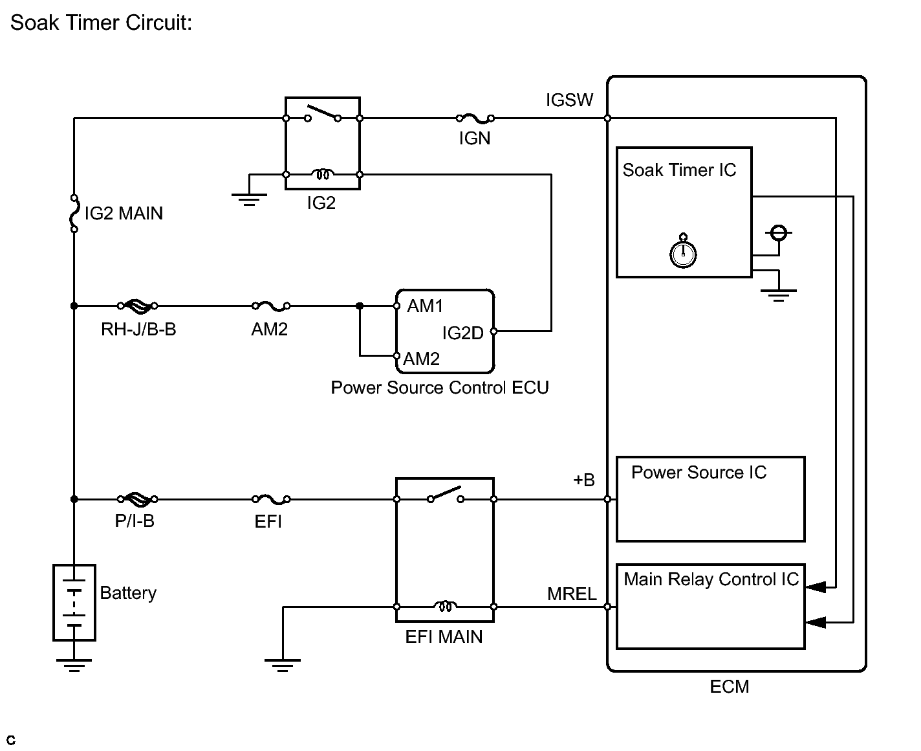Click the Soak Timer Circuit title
101,23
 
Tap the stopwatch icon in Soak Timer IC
683,252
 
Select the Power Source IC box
710,499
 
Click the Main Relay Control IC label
711,579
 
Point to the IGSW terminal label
569,100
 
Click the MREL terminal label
572,594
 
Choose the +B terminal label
583,480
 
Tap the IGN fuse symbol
475,118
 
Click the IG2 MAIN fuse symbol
74,212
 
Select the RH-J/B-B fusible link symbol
136,306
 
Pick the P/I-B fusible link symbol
136,499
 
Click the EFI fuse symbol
270,499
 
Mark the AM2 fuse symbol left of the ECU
270,306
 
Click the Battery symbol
74,602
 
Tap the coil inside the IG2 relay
322,174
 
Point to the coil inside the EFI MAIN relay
444,607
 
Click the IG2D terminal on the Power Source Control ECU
493,331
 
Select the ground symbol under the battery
74,665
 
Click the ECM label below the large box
729,686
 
